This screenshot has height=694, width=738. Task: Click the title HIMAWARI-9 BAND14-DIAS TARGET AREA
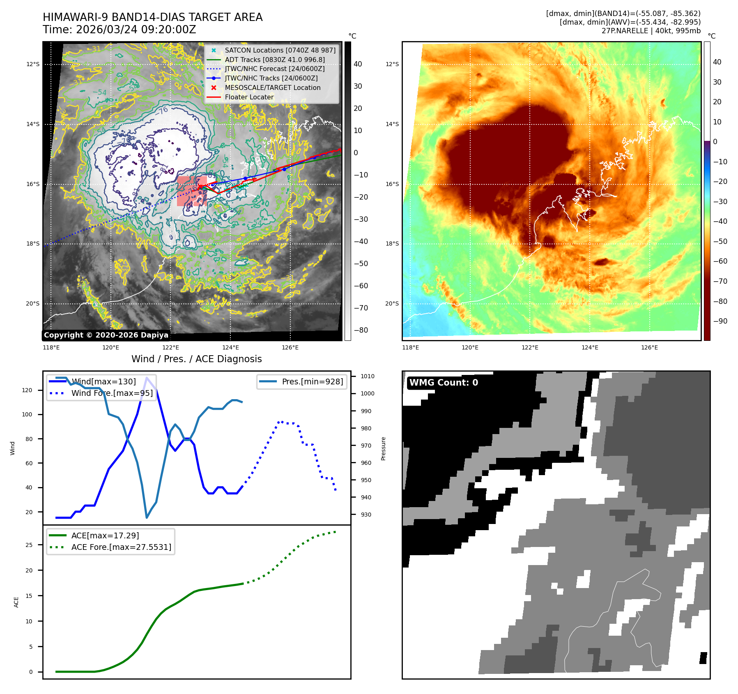click(152, 17)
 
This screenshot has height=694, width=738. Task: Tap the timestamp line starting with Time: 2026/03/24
click(119, 30)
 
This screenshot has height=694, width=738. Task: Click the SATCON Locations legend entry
click(280, 50)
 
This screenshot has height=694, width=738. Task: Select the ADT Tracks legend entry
click(274, 60)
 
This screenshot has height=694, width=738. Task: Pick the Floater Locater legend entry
click(249, 97)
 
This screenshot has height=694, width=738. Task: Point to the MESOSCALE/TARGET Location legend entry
click(272, 87)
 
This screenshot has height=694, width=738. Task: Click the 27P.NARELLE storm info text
click(651, 31)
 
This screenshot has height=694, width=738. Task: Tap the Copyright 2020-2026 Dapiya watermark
click(106, 335)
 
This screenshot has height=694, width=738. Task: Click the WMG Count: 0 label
click(444, 383)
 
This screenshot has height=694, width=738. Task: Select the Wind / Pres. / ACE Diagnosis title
click(196, 359)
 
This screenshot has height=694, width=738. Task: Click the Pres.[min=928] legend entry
click(312, 381)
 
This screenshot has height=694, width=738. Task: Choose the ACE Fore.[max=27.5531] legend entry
click(121, 547)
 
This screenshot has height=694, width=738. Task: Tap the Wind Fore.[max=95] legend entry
click(112, 393)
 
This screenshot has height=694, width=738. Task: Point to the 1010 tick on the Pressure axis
click(367, 376)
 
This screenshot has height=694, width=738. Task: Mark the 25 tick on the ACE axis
click(29, 545)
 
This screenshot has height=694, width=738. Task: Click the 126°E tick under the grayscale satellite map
click(290, 347)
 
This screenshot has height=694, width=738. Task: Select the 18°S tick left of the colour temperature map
click(392, 244)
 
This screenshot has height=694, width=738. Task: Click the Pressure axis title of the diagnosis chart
click(383, 448)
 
